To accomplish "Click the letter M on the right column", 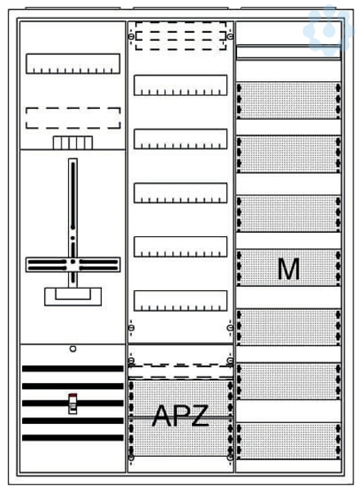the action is pos(289,269).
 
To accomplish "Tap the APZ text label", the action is pos(180,415).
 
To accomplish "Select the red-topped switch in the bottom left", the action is pos(73,403).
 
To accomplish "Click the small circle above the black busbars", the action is pos(73,348).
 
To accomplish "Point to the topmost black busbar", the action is pos(73,369).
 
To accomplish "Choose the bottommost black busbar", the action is pos(73,438).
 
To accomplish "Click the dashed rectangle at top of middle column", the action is pos(180,36).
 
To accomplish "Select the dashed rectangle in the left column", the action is pos(73,118).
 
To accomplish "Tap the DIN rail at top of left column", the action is pos(73,64).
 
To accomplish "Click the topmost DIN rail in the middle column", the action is pos(180,85).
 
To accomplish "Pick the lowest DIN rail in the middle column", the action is pos(180,301).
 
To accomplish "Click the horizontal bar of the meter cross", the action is pos(73,265).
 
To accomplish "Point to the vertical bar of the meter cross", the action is pos(73,223).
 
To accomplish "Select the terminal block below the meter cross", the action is pos(73,297).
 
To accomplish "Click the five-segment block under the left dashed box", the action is pos(73,143).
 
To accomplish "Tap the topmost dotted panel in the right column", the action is pos(289,101).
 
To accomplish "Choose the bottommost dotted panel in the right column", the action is pos(289,441).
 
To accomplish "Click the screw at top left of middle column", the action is pos(131,37).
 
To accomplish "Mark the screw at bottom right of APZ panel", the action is pos(230,458).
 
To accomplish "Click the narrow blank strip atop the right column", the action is pos(289,52).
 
